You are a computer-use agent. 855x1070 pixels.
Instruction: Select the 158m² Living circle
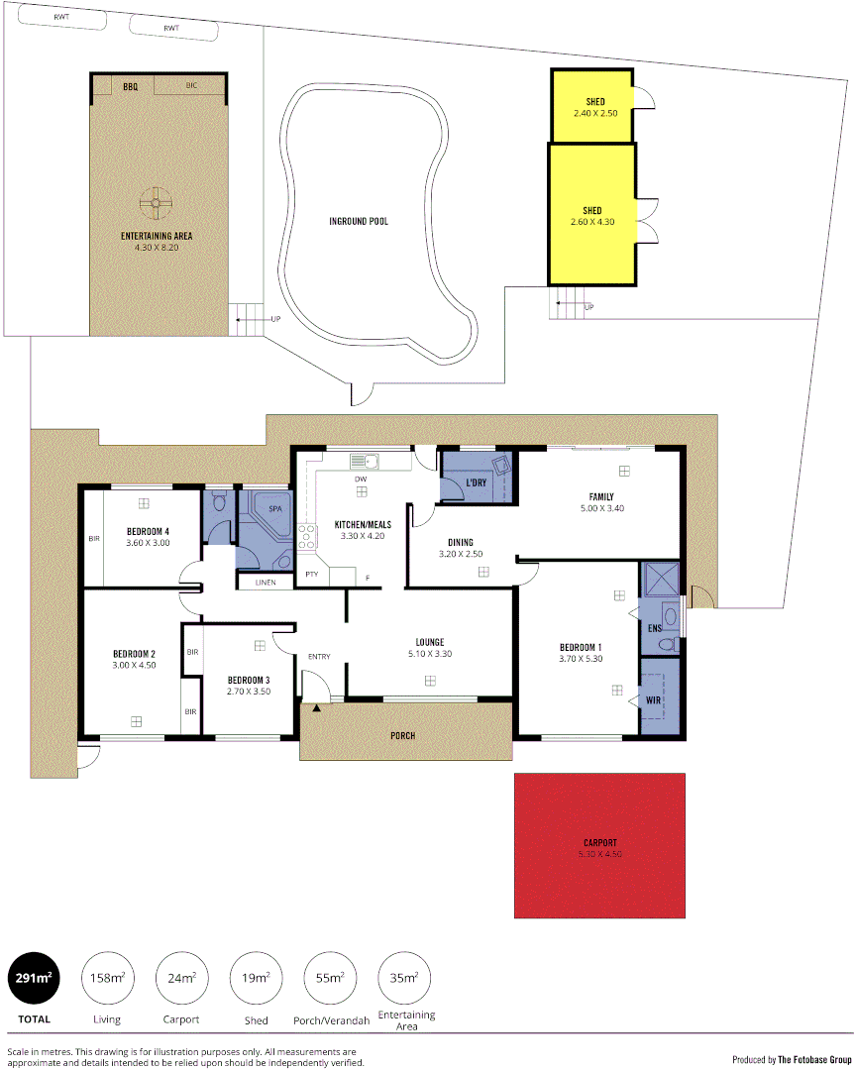click(106, 979)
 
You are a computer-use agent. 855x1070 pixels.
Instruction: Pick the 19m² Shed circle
click(255, 979)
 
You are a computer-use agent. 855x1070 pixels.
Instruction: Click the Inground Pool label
click(359, 221)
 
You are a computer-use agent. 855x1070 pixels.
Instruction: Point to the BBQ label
click(131, 87)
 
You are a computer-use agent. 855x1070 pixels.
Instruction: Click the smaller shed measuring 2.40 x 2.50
click(594, 107)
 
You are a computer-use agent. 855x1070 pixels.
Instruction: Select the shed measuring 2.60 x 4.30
click(592, 215)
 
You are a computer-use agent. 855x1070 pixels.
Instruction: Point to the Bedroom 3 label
click(248, 680)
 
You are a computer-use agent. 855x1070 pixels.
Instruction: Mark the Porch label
click(402, 735)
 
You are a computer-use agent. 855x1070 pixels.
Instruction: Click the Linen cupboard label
click(265, 582)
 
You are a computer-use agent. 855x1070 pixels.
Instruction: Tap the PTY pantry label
click(311, 575)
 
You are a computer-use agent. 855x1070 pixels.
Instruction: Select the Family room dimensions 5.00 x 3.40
click(601, 508)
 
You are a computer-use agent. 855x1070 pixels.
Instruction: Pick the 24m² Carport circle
click(180, 979)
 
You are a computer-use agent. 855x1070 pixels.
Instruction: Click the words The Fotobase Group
click(814, 1058)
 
